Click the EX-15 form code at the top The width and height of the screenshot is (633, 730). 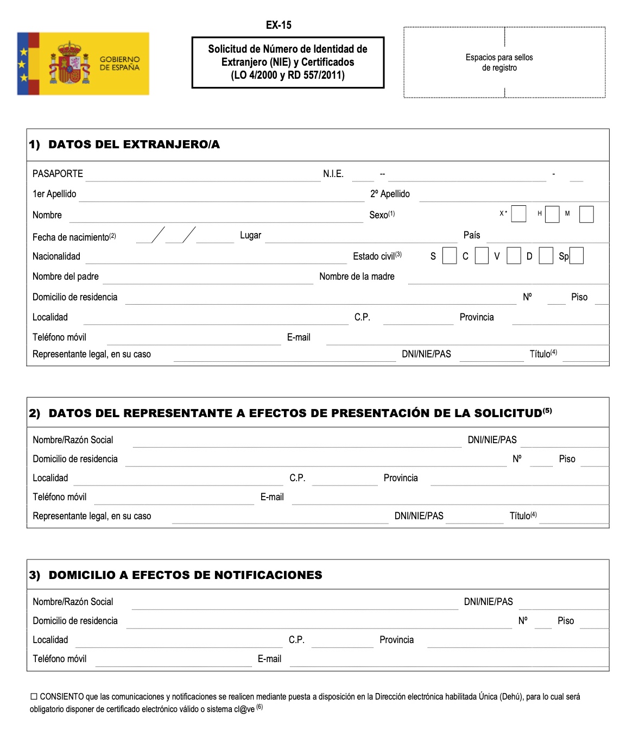coord(278,25)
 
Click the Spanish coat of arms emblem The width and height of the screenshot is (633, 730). coord(69,63)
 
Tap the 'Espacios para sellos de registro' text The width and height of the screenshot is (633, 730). coord(499,62)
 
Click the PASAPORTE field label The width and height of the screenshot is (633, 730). coord(58,174)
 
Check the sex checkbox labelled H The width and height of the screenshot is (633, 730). coord(552,214)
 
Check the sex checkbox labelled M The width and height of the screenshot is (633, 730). coord(586,214)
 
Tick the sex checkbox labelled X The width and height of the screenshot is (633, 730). coord(519,214)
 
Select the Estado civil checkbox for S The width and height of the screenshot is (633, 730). coord(450,256)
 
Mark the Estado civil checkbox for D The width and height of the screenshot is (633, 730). coord(546,256)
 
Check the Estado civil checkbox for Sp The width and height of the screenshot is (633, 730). coord(577,256)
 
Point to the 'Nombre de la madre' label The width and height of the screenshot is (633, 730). coord(357,276)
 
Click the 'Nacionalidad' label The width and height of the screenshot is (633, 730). coord(56,256)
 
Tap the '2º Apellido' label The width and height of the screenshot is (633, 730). coord(390,194)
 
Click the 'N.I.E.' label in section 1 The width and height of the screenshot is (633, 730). coord(333,174)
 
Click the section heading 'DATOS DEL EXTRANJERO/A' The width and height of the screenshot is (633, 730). coord(134,144)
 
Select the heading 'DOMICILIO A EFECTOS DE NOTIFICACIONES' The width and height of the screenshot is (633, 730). coord(185,575)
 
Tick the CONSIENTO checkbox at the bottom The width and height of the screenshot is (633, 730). coord(34,696)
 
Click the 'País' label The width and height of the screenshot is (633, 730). coord(472,235)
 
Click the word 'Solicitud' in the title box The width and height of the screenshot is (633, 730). coord(227,49)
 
